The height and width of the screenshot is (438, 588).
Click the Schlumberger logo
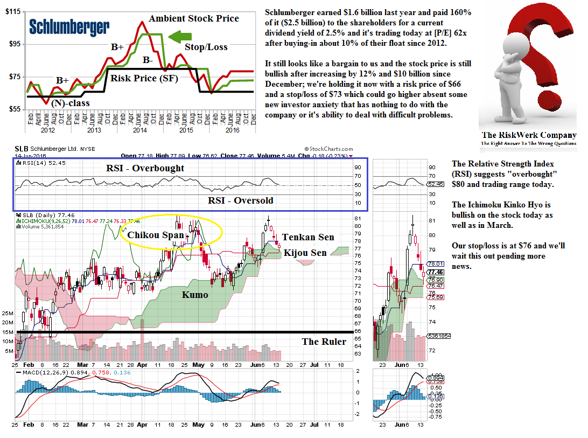tap(69, 27)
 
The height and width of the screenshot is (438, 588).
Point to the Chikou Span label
tap(156, 235)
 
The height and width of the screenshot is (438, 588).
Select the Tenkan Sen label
tap(308, 237)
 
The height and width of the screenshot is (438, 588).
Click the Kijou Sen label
tap(305, 253)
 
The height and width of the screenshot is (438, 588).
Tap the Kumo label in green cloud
tap(194, 295)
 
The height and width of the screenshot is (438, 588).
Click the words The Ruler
tap(324, 341)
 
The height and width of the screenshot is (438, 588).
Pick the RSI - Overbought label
tap(144, 168)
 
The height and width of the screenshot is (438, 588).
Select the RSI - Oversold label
tap(240, 200)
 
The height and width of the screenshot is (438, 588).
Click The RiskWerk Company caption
tap(529, 135)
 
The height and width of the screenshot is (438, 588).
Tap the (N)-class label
tap(71, 103)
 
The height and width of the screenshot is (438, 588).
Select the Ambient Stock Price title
tap(194, 18)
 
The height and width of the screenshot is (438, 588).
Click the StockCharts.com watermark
tap(328, 149)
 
